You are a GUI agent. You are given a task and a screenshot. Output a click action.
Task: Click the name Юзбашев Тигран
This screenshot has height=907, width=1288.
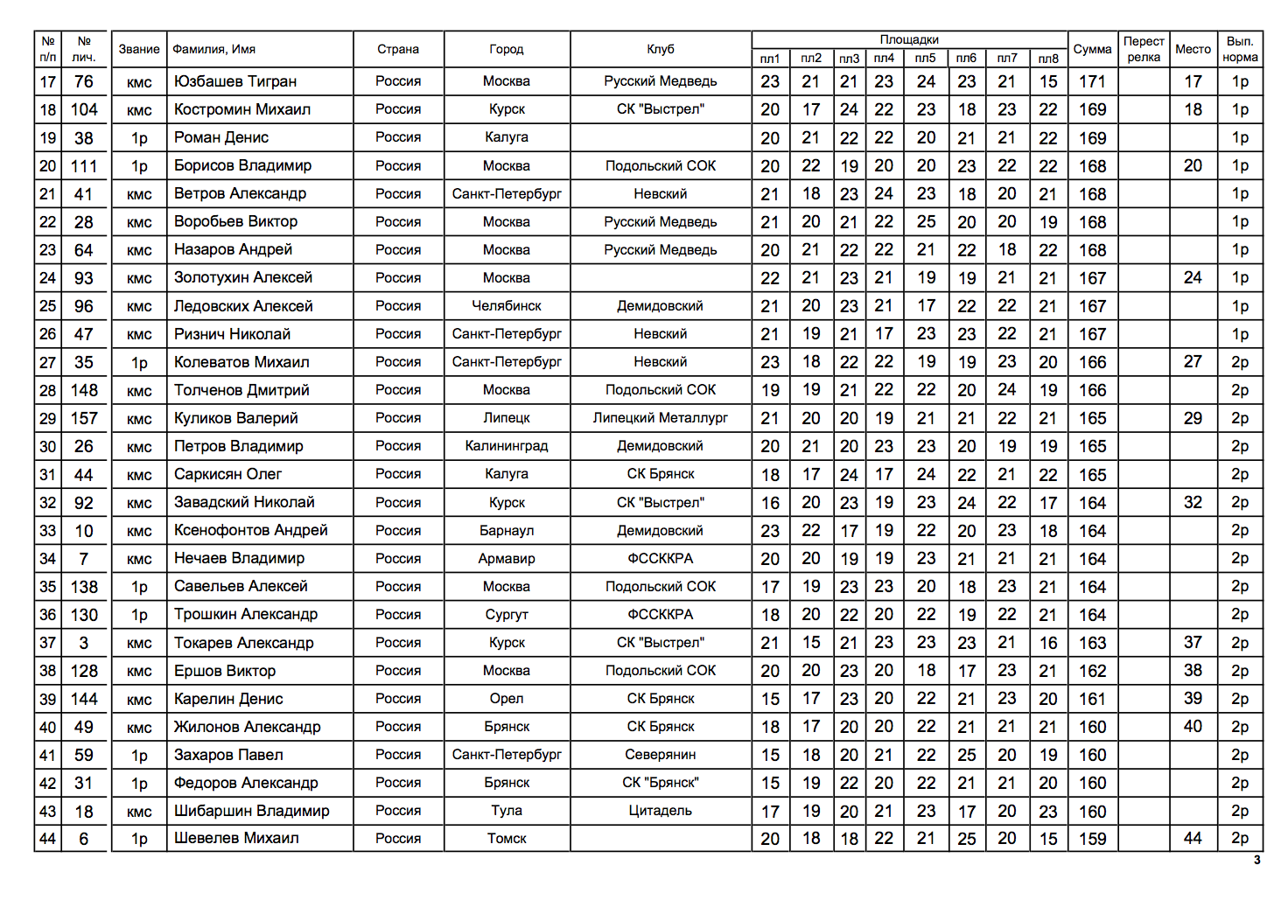(x=234, y=81)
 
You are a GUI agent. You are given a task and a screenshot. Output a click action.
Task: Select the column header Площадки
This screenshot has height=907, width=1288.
(x=908, y=39)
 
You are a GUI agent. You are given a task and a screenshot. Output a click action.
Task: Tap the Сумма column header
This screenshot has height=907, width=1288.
(x=1092, y=49)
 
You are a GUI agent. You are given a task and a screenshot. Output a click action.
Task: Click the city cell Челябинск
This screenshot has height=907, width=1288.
(x=507, y=306)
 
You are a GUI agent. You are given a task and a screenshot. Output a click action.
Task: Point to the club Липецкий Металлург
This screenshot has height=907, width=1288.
(x=661, y=418)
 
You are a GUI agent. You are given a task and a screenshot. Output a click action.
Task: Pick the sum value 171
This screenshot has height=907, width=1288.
(x=1092, y=81)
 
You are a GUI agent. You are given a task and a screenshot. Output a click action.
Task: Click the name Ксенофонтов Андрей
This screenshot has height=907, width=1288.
(x=250, y=530)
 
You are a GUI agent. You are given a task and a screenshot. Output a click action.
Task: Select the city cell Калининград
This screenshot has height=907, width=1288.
(x=507, y=446)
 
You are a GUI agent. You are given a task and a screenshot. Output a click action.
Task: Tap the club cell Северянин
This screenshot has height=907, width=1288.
(x=661, y=755)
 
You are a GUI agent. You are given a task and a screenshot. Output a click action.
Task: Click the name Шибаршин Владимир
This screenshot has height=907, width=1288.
(x=251, y=811)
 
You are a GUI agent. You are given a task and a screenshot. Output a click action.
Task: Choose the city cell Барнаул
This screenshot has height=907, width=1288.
(x=507, y=531)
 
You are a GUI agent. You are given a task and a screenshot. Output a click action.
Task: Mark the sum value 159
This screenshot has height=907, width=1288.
(x=1092, y=839)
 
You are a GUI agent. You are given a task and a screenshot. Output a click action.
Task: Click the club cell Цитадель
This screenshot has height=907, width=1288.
(x=661, y=811)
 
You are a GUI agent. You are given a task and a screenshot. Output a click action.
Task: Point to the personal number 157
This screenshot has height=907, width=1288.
(x=84, y=418)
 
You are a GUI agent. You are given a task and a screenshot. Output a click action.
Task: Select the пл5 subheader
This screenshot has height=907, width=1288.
(x=925, y=59)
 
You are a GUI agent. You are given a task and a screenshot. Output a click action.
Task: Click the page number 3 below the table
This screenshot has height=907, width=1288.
(x=1256, y=860)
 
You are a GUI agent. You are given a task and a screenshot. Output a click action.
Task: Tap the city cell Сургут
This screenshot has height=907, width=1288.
(x=507, y=615)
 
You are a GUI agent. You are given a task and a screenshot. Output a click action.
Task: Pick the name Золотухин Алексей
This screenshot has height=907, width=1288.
(x=242, y=277)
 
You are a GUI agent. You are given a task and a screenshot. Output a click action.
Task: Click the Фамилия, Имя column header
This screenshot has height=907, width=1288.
(x=213, y=49)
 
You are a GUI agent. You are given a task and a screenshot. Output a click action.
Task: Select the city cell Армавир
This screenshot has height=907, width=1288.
(x=507, y=559)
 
